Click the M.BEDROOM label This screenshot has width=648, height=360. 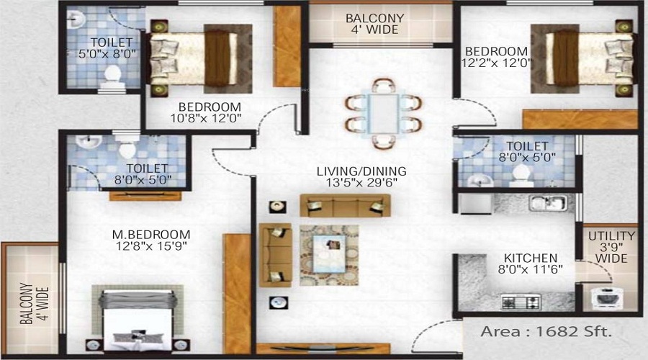151,234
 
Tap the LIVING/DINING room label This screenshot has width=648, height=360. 361,171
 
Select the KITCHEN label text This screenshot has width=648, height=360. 531,258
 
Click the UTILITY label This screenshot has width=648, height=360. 611,236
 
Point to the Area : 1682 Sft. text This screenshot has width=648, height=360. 546,331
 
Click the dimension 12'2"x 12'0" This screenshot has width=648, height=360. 496,63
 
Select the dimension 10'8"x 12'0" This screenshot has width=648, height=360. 206,119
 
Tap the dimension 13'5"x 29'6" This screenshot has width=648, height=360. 361,182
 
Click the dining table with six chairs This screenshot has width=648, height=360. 383,114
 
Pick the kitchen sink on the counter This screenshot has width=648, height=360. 549,203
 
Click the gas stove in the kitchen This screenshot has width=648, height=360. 521,302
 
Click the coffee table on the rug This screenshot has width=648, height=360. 329,253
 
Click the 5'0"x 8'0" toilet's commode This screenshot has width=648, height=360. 112,78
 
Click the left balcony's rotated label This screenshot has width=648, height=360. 35,303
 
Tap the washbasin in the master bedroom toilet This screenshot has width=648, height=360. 89,141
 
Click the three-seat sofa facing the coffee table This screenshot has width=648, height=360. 346,205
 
